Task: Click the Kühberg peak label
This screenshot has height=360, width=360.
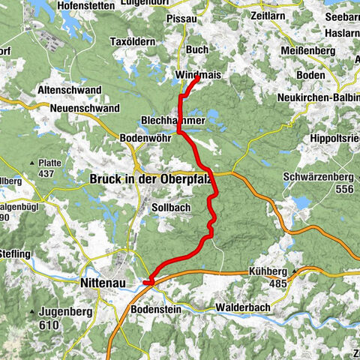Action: tap(270, 273)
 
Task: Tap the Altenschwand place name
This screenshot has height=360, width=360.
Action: tap(70, 90)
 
